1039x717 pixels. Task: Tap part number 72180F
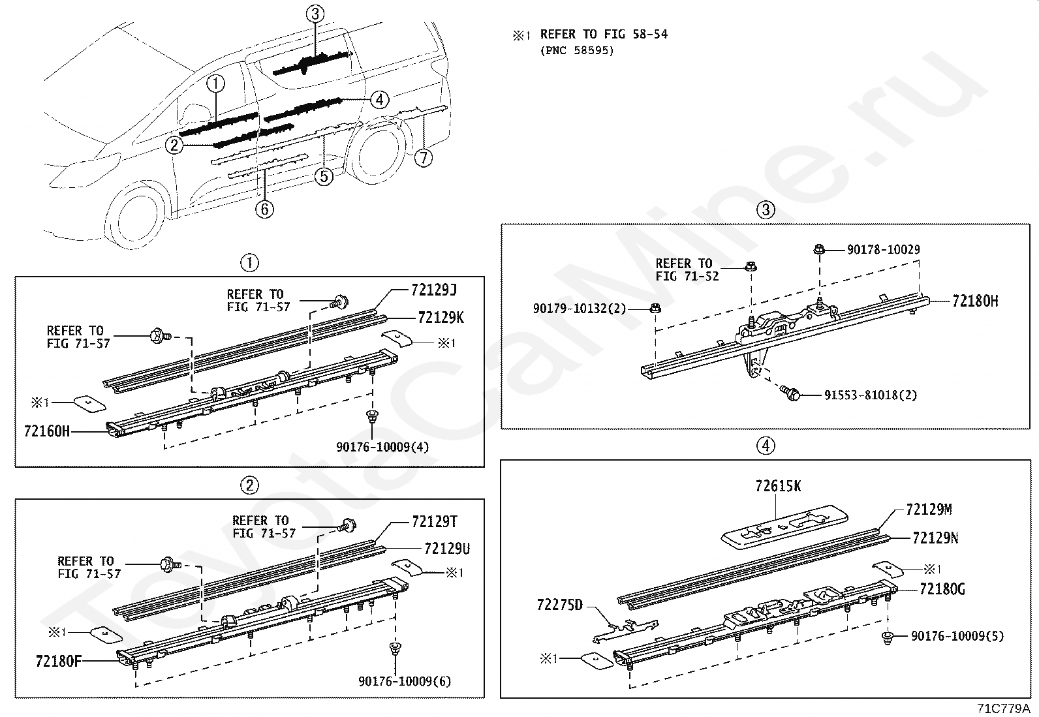click(x=58, y=660)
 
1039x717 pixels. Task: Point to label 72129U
click(x=446, y=549)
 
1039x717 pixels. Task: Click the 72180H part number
click(x=975, y=301)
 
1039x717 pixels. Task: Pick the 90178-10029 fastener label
click(x=883, y=250)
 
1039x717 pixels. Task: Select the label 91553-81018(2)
click(x=870, y=395)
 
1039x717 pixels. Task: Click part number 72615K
click(x=778, y=487)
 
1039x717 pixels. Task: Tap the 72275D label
click(x=559, y=605)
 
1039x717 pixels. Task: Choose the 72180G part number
click(x=942, y=590)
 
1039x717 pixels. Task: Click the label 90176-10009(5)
click(x=957, y=635)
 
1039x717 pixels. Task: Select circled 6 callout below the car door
click(x=264, y=209)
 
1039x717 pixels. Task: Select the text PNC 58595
click(x=577, y=50)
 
